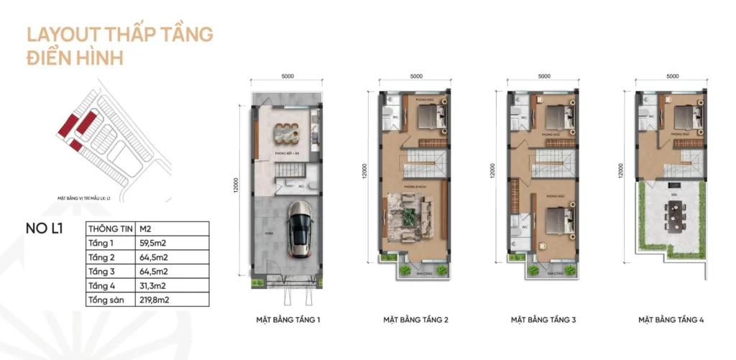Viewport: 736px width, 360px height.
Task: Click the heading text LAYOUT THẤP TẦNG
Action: coord(119,34)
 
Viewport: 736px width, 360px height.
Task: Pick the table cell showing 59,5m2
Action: coord(154,243)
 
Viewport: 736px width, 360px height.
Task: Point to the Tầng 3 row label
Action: coord(102,271)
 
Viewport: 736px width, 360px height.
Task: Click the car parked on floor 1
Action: coord(300,229)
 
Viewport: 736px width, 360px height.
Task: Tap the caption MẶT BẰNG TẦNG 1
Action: coord(287,319)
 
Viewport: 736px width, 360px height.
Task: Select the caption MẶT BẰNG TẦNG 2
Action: coord(416,319)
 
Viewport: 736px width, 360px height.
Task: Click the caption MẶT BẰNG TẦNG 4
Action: coord(672,319)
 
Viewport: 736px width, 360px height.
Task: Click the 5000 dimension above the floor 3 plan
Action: coord(544,75)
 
